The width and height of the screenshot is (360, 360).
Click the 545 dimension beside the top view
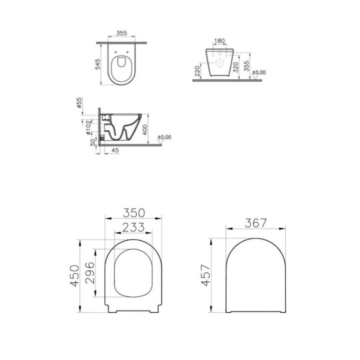tap(98, 64)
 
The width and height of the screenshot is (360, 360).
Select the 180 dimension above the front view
tap(220, 41)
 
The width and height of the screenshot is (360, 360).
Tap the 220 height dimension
tap(197, 71)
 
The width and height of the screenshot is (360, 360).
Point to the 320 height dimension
tap(236, 67)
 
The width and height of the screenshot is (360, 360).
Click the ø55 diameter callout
tap(79, 103)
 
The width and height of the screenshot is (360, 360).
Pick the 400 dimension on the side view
tap(145, 130)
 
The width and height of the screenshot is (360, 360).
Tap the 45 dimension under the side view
tap(116, 150)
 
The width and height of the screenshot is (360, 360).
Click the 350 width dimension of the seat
tap(134, 213)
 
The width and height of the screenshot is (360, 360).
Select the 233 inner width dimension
tap(133, 227)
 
